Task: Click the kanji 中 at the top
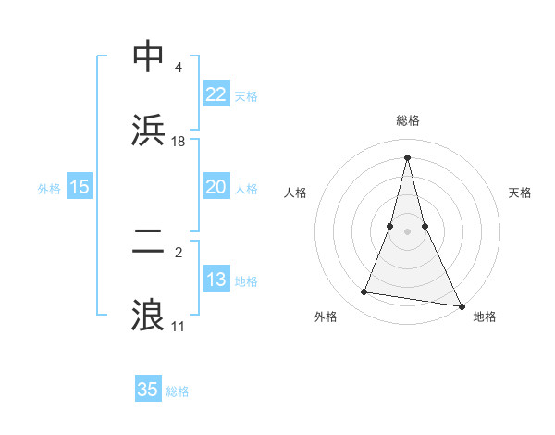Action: tap(149, 56)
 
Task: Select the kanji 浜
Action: tap(149, 130)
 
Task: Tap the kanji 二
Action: tap(149, 242)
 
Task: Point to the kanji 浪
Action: tap(149, 316)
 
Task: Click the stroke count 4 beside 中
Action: tap(178, 68)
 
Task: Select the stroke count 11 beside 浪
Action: tap(178, 327)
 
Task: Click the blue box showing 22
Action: tap(216, 94)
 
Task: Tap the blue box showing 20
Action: tap(216, 187)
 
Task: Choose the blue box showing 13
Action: tap(216, 280)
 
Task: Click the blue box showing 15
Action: tap(80, 187)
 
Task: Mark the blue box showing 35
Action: tap(147, 390)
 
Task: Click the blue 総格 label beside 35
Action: tap(178, 391)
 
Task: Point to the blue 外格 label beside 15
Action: tap(49, 188)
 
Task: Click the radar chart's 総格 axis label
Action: tap(407, 121)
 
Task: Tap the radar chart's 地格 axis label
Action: tap(485, 317)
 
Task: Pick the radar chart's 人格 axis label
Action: tap(295, 193)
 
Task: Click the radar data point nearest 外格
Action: tap(364, 292)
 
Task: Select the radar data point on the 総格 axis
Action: tap(407, 155)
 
